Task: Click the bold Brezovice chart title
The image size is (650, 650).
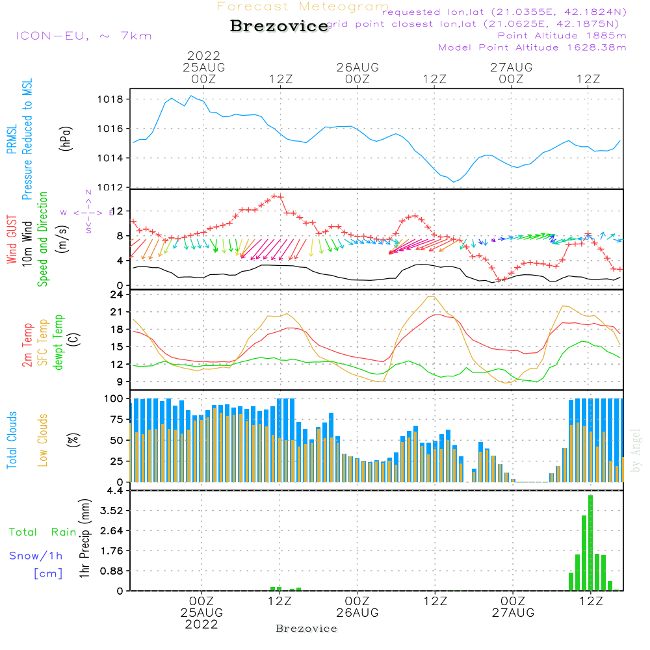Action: pyautogui.click(x=279, y=27)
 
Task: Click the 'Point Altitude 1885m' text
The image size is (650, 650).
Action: pyautogui.click(x=562, y=36)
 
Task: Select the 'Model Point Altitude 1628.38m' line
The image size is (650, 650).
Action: pyautogui.click(x=532, y=47)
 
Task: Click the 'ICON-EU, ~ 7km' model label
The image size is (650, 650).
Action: pyautogui.click(x=83, y=36)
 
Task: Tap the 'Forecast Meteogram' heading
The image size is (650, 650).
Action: pyautogui.click(x=303, y=6)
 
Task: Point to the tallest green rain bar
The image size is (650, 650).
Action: pyautogui.click(x=590, y=543)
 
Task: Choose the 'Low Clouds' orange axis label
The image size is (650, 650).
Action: pyautogui.click(x=43, y=440)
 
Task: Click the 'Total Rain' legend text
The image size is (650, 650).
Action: pyautogui.click(x=43, y=532)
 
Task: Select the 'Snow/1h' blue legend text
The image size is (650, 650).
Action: pyautogui.click(x=36, y=556)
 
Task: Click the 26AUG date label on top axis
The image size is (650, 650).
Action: pyautogui.click(x=357, y=67)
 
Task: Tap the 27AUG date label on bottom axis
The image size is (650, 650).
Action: pyautogui.click(x=512, y=613)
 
